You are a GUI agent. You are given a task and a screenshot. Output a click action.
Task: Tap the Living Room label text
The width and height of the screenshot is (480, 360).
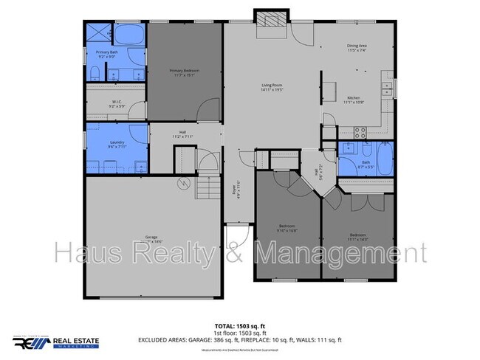point(272,86)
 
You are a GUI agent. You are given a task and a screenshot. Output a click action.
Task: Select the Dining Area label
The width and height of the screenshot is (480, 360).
point(357,46)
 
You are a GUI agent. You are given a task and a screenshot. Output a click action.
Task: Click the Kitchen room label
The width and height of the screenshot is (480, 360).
point(353,97)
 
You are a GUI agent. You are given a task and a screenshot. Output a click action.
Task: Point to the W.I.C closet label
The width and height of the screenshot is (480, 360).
point(117,102)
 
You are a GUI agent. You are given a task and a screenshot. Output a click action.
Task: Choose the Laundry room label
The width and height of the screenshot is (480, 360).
point(117,142)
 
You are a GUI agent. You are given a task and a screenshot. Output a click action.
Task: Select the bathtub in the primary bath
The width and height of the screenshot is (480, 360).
point(130,35)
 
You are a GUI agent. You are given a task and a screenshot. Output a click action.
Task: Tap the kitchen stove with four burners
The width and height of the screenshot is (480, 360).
point(360,133)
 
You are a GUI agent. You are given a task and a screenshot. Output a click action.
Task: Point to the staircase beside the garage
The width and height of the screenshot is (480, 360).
point(208,188)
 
